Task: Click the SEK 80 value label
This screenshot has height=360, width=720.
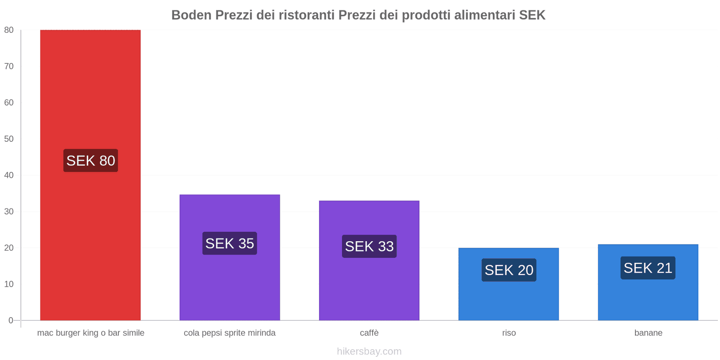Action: click(90, 161)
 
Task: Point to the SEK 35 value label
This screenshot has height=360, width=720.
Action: click(229, 243)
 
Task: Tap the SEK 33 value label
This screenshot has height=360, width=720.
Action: click(369, 247)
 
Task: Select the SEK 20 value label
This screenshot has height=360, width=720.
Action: click(508, 270)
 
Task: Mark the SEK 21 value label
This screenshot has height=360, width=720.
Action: click(648, 268)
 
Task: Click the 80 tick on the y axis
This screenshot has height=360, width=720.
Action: click(9, 30)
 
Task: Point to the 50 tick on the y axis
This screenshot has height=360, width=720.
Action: click(9, 139)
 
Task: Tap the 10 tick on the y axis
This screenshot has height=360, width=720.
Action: click(9, 284)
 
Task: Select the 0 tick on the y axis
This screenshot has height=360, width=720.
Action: click(11, 320)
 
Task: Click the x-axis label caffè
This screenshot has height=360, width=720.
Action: click(369, 333)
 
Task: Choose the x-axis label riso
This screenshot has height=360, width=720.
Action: click(509, 333)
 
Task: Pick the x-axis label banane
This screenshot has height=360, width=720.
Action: click(648, 333)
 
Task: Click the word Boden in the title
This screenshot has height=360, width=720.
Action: click(191, 15)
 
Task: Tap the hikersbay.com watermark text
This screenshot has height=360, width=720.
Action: click(369, 351)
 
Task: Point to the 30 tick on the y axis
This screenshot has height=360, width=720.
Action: click(9, 211)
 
